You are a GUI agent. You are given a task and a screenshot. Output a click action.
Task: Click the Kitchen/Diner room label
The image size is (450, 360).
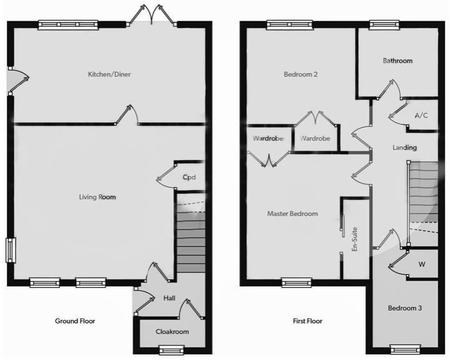point(109,74)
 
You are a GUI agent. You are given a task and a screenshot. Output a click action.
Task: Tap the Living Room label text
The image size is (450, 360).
point(97,197)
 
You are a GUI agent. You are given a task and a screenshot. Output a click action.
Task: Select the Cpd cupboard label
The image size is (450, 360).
point(189,177)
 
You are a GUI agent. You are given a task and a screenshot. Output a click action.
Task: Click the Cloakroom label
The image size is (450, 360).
point(172,332)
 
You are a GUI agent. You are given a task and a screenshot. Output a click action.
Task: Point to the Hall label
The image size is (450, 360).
point(169,299)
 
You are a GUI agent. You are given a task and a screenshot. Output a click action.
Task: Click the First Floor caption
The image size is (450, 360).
point(307,321)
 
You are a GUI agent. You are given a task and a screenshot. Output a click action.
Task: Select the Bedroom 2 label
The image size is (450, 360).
point(301,74)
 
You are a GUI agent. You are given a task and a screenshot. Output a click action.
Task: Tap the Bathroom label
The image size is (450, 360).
point(397,61)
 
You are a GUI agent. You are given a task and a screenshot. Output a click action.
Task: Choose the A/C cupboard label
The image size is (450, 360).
point(421,116)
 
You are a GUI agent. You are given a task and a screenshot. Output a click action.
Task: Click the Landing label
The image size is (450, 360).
point(404,147)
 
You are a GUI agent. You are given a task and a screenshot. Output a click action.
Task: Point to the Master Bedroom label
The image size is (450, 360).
point(292,214)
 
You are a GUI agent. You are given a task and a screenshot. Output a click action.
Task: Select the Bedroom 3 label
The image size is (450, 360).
point(405,309)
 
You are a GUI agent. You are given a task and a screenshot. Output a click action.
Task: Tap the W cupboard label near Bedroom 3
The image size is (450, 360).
point(422,264)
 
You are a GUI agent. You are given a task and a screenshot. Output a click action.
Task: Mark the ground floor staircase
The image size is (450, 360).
point(190,241)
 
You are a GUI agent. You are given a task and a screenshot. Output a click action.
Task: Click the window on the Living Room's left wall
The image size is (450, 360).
point(11,251)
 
